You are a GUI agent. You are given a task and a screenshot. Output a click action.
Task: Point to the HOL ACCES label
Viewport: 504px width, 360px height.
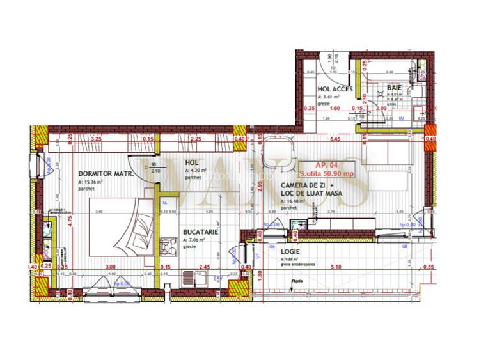point(335,90)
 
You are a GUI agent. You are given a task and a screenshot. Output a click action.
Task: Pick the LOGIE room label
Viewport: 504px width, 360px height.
point(291,252)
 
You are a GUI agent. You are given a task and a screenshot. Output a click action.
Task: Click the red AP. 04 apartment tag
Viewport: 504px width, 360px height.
point(324,164)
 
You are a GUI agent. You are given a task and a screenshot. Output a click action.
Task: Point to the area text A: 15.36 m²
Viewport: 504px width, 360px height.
point(92,182)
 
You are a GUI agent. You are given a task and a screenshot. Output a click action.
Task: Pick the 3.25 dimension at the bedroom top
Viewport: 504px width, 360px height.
point(97,138)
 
